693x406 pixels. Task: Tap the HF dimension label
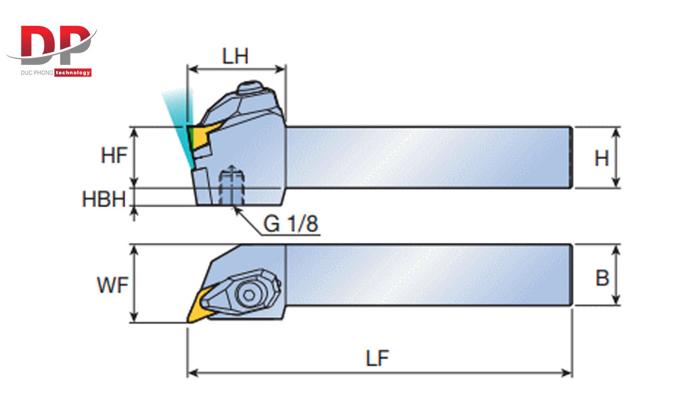114,156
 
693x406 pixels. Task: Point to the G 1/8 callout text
290,224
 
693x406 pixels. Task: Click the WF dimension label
112,284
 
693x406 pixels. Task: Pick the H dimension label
602,158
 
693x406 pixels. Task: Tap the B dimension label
602,277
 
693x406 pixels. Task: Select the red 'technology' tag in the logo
72,72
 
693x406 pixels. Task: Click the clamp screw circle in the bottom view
249,294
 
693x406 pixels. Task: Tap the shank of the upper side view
426,157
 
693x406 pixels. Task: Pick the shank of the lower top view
426,275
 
